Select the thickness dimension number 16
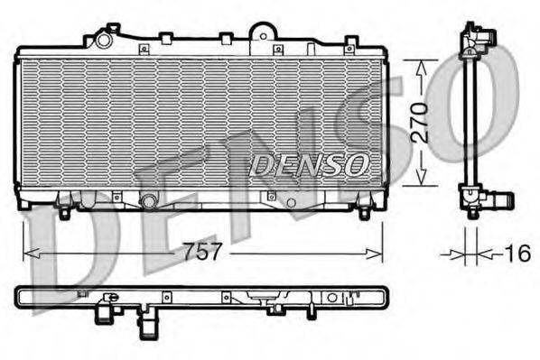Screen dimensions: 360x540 click(x=516, y=254)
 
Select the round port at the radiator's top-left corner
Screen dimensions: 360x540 click(x=103, y=41)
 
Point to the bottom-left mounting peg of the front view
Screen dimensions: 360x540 click(x=64, y=214)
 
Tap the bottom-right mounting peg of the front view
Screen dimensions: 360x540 click(x=364, y=213)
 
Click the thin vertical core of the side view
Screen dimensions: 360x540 click(x=469, y=122)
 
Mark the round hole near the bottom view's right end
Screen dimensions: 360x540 click(x=331, y=297)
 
